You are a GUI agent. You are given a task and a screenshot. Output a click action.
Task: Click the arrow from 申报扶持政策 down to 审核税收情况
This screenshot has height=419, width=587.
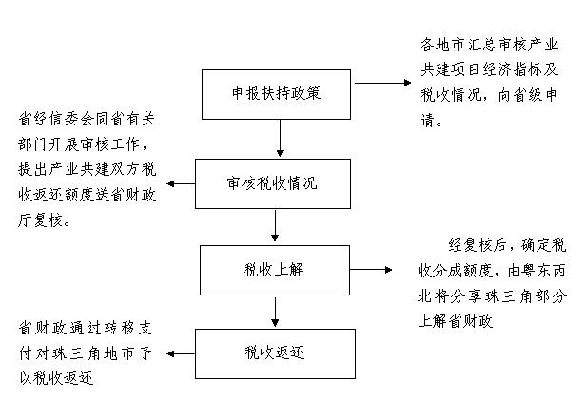(280, 139)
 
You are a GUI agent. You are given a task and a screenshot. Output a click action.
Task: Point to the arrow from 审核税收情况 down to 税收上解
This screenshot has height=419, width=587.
(275, 225)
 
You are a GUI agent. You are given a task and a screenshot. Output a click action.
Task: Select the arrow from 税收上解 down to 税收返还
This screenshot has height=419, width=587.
(275, 312)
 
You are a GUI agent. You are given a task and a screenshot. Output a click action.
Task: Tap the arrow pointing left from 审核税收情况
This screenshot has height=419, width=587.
(181, 183)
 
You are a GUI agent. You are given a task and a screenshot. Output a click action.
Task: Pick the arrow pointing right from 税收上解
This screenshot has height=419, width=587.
(371, 269)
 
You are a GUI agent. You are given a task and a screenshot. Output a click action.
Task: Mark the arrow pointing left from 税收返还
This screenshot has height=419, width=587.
(181, 353)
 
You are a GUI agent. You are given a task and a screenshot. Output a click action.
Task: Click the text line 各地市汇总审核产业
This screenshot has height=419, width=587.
(489, 45)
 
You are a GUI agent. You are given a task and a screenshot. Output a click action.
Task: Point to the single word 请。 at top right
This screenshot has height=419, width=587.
(431, 121)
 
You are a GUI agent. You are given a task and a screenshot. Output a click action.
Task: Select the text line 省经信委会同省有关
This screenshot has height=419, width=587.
(87, 119)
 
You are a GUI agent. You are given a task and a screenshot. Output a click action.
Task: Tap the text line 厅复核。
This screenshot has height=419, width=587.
(44, 219)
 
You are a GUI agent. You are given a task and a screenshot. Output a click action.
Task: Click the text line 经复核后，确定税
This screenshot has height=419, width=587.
(507, 245)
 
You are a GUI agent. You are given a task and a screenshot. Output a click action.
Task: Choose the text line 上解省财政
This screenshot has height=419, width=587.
(456, 321)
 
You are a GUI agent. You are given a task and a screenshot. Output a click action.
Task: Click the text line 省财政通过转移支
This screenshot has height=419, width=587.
(86, 328)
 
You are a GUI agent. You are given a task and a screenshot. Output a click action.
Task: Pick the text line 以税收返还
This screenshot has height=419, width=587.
(56, 378)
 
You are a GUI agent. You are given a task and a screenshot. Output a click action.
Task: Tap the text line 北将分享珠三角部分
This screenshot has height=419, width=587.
(493, 296)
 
